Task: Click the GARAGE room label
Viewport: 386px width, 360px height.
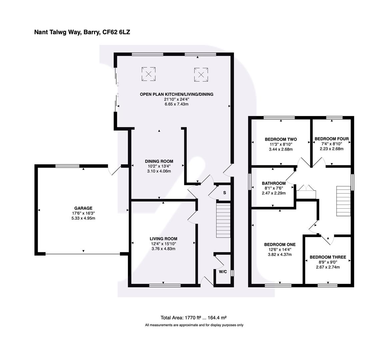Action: pos(83,208)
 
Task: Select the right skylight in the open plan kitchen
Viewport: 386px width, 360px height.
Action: pos(201,74)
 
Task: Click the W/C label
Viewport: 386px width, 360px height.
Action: pos(223,272)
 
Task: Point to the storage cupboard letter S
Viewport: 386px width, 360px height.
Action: pos(224,193)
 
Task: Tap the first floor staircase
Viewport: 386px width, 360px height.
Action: pos(344,201)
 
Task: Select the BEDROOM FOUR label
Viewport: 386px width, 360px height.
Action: pos(332,139)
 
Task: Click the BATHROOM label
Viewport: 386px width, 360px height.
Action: pos(274,183)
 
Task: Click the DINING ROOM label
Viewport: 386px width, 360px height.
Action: pos(159,161)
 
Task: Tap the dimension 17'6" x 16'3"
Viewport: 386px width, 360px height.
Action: pos(83,213)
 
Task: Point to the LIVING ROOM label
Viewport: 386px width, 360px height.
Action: pos(163,239)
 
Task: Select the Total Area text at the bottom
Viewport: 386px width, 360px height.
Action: pos(194,318)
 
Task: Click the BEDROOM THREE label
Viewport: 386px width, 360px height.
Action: pos(328,257)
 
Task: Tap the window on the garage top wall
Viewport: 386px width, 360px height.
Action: pos(67,166)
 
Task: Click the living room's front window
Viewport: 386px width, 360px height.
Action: pos(165,285)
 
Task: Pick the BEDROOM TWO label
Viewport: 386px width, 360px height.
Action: pos(281,139)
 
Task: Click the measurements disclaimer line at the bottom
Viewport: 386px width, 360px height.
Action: pos(194,325)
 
